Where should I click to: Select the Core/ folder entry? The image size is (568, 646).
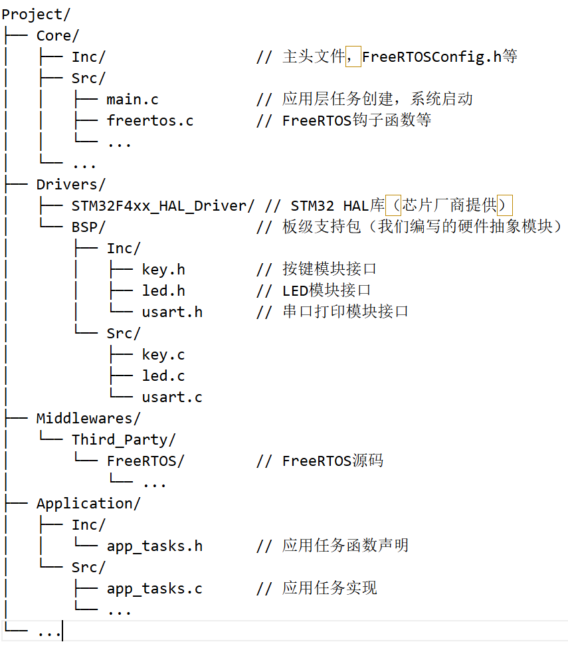(57, 35)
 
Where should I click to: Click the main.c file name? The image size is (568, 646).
(132, 100)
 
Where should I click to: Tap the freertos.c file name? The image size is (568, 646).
(150, 121)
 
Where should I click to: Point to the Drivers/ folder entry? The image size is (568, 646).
(70, 184)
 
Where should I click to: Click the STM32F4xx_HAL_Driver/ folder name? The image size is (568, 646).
(163, 206)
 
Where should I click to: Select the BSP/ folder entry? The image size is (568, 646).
(88, 227)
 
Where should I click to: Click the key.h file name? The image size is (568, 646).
(163, 269)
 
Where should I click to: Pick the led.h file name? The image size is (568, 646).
(163, 290)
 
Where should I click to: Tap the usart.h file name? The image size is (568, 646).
(172, 312)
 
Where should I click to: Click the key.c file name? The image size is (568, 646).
(163, 354)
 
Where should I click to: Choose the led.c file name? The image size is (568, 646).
(163, 376)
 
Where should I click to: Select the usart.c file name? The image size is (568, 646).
(172, 397)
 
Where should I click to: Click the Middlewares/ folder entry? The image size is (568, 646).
(88, 418)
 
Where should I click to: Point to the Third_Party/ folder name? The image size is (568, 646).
(124, 439)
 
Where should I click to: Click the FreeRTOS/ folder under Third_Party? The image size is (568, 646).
(145, 461)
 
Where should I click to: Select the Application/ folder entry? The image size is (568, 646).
(88, 503)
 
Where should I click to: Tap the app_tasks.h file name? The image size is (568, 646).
(154, 546)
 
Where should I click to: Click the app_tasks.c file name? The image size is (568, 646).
(154, 589)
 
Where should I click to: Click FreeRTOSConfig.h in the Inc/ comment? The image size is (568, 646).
(432, 57)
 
